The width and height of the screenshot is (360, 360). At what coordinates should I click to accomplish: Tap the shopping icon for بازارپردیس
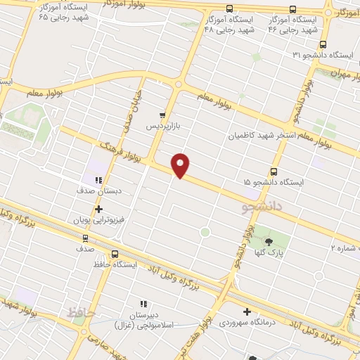click(x=163, y=115)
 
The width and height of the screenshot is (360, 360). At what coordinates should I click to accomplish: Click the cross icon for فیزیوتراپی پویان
click(x=98, y=208)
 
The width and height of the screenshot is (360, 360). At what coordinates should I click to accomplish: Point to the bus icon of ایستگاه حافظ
click(x=115, y=255)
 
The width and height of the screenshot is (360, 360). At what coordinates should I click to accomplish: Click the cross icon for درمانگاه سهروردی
click(x=247, y=311)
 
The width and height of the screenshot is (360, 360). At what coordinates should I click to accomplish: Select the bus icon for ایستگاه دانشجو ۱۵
click(x=274, y=170)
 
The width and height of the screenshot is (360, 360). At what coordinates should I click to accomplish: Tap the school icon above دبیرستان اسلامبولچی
click(x=143, y=304)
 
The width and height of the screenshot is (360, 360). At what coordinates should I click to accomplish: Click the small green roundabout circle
click(x=205, y=231)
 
